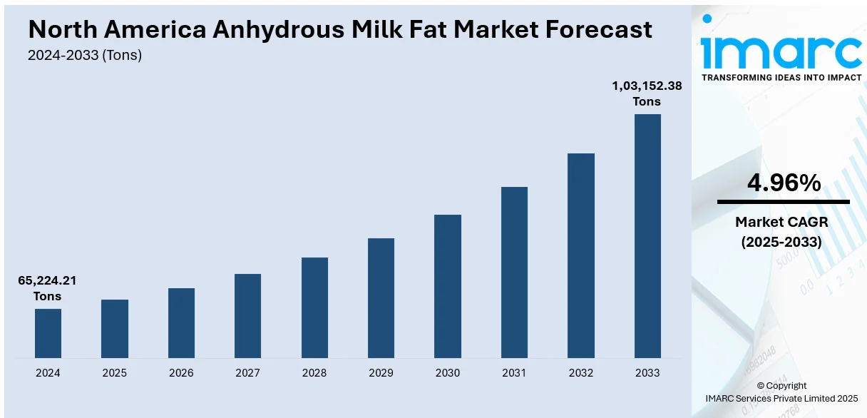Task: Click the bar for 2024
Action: pos(48,333)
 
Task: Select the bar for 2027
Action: pos(247,315)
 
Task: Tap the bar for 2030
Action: pos(448,286)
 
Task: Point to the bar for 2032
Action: pos(581,255)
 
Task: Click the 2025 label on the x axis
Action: pos(115,372)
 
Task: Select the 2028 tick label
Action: pos(314,372)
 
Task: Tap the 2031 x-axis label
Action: pos(514,372)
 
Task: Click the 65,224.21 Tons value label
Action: pos(47,288)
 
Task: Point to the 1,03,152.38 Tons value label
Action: pos(647,93)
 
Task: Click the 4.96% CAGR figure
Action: pos(784,183)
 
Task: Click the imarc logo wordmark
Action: pos(781,49)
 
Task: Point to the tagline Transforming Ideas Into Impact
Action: pos(781,77)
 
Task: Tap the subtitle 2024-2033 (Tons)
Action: pos(85,55)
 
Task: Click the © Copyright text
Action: pos(781,386)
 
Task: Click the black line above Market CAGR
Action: pos(784,202)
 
